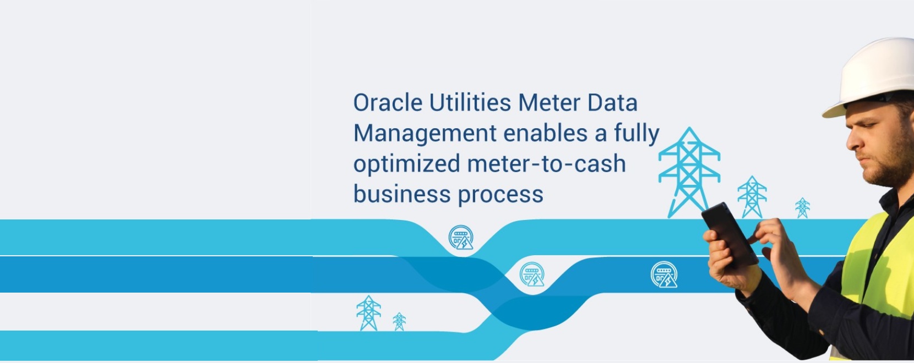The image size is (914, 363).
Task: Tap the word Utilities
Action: [x=470, y=103]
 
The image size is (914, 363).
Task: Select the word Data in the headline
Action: [x=612, y=103]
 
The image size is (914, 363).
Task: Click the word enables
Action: [x=545, y=133]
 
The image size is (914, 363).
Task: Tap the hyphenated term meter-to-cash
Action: [x=546, y=164]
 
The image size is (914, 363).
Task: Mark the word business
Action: [x=402, y=194]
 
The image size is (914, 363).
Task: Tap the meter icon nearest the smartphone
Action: [x=664, y=274]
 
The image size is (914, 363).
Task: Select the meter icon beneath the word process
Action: [x=461, y=238]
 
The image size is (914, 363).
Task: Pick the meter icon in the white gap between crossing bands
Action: [x=532, y=274]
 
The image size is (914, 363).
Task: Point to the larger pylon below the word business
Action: [x=368, y=313]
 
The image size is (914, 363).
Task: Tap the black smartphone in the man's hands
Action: [x=730, y=234]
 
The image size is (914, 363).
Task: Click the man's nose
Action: [x=853, y=141]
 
